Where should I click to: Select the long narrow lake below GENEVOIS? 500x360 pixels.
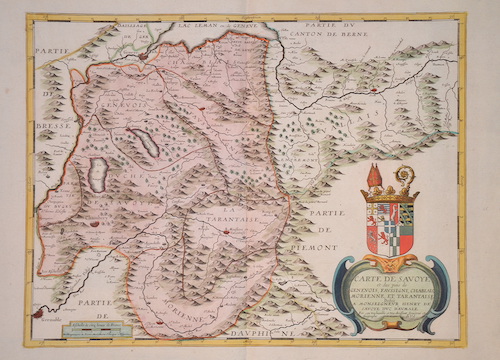[147, 143]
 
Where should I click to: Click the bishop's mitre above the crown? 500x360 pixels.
[373, 176]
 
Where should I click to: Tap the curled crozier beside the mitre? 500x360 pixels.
[407, 177]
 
